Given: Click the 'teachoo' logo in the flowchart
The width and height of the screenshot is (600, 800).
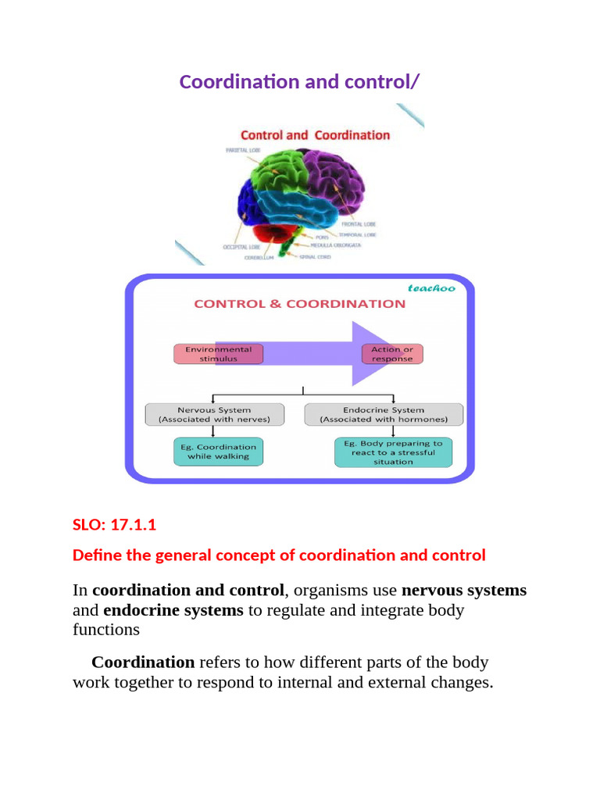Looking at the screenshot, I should pyautogui.click(x=430, y=287).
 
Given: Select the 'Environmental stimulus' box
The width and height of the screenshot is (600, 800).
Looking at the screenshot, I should pyautogui.click(x=218, y=354).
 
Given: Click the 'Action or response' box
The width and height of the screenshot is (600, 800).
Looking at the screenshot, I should pyautogui.click(x=392, y=354).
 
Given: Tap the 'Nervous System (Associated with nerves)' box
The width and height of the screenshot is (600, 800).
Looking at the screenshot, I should pyautogui.click(x=214, y=414).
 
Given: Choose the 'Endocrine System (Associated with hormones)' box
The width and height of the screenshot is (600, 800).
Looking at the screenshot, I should pyautogui.click(x=384, y=414).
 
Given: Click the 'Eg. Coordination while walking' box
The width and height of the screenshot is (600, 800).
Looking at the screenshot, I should pyautogui.click(x=218, y=452).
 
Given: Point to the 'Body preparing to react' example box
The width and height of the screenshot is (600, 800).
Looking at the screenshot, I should pyautogui.click(x=393, y=452).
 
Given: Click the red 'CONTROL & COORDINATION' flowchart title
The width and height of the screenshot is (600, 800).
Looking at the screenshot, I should pyautogui.click(x=299, y=304).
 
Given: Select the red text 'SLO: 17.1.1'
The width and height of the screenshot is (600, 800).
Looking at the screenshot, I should pyautogui.click(x=114, y=525).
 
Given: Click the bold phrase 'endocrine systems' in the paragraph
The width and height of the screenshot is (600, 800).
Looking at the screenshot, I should pyautogui.click(x=173, y=610).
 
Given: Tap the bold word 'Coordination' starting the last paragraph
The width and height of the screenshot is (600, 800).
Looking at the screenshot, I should pyautogui.click(x=143, y=662).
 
